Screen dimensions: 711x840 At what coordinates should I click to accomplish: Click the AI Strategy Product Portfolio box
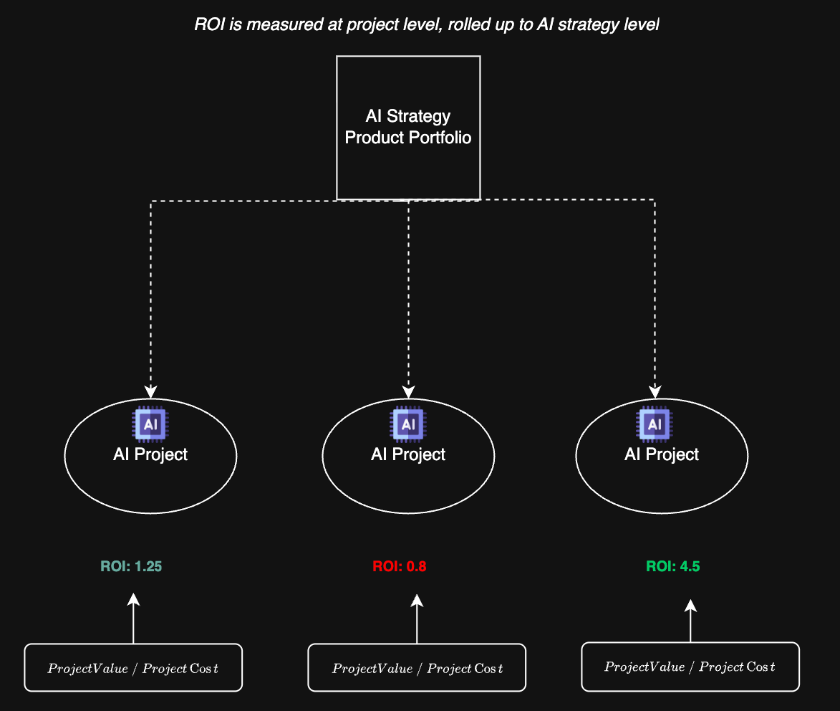[x=408, y=127]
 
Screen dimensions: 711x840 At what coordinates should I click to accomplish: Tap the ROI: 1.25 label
[x=131, y=566]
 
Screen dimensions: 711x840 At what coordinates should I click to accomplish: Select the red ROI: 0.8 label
[x=399, y=566]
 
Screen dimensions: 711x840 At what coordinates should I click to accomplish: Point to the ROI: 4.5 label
[x=672, y=566]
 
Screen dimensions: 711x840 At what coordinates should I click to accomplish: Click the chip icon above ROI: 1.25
[x=150, y=424]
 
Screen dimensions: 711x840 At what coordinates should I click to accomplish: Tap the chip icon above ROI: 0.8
[x=408, y=424]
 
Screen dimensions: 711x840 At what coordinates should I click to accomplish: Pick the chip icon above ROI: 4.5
[x=655, y=424]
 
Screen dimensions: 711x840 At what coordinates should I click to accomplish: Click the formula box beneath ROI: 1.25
[x=133, y=668]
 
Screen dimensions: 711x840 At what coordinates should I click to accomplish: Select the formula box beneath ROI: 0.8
[x=417, y=668]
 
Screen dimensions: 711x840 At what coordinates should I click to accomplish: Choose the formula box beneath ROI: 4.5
[x=690, y=667]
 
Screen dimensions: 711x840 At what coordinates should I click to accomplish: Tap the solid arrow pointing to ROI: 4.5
[x=690, y=622]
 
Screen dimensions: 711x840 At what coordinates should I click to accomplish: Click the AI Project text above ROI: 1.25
[x=150, y=454]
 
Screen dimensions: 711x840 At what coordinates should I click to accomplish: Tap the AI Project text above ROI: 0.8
[x=408, y=454]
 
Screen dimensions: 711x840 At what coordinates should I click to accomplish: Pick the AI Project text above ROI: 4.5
[x=662, y=454]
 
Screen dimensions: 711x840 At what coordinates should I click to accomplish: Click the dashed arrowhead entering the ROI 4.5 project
[x=655, y=391]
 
